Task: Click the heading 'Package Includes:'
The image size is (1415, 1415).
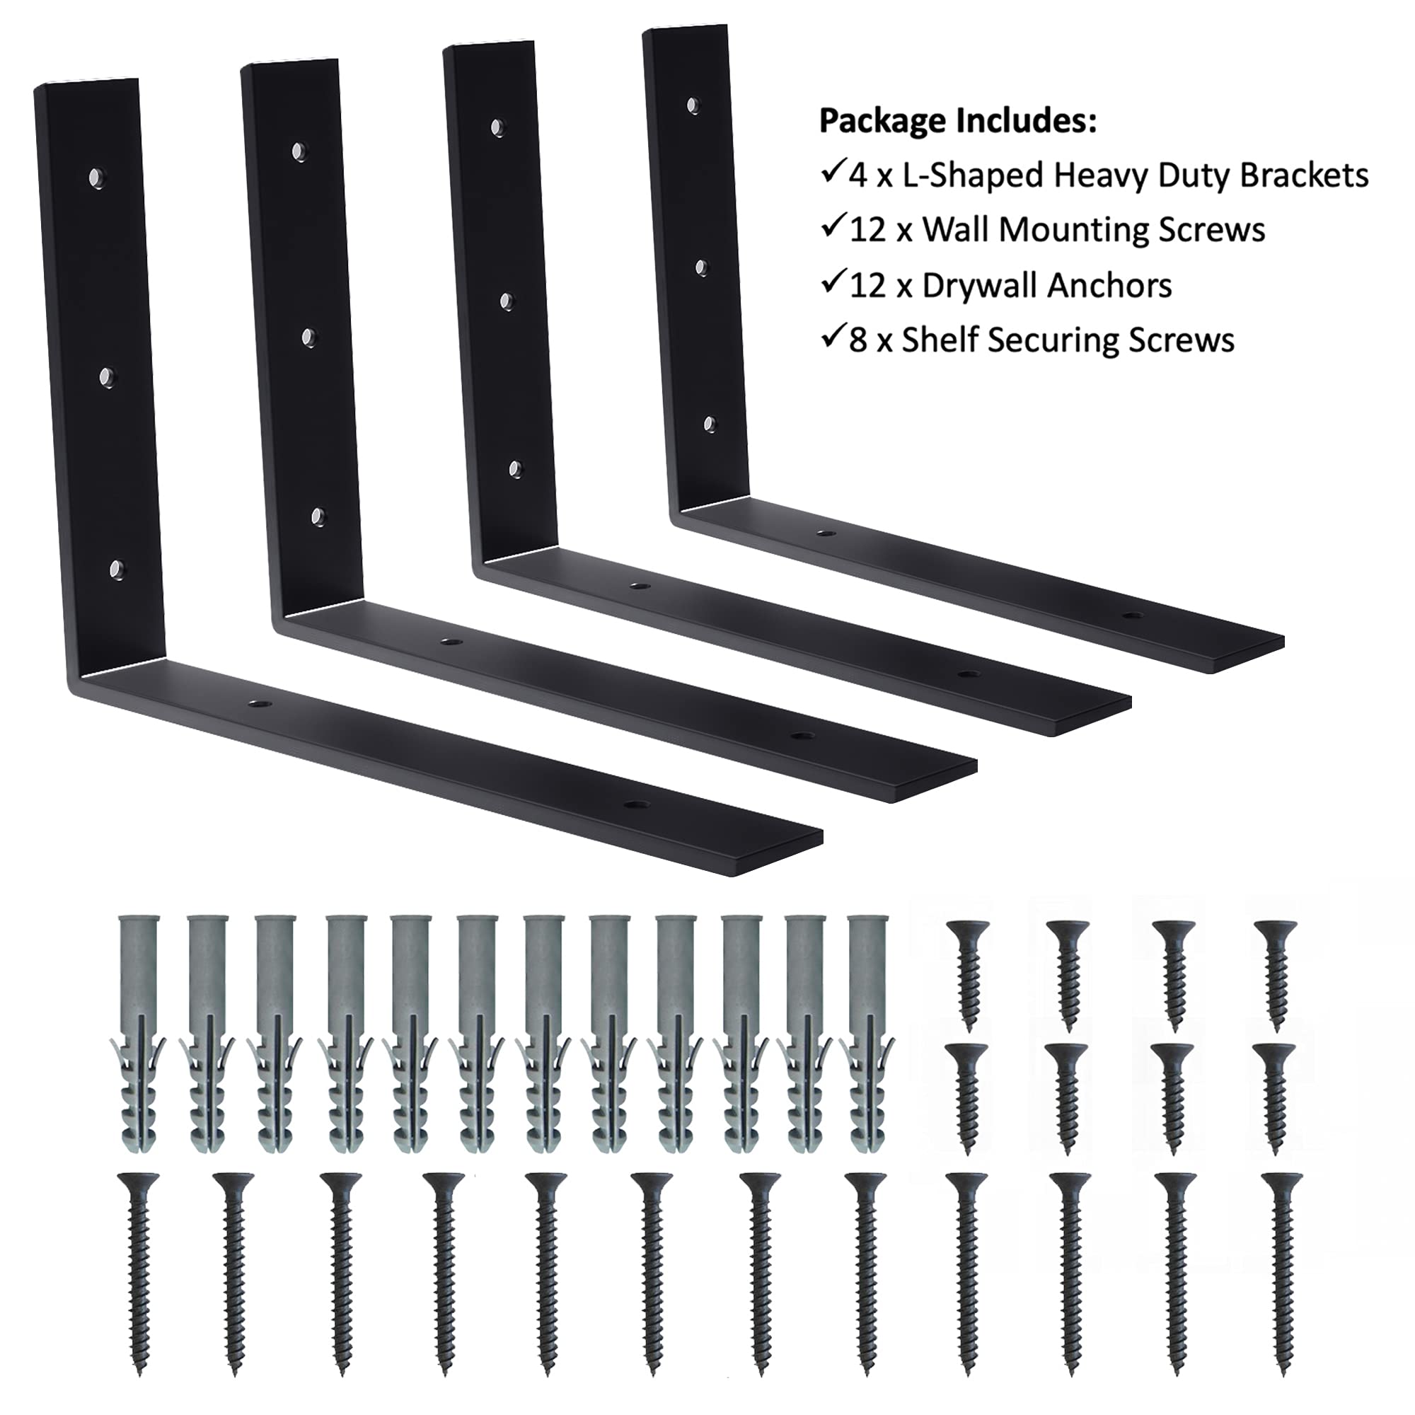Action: (957, 122)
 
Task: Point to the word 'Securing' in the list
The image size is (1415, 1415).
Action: (1046, 340)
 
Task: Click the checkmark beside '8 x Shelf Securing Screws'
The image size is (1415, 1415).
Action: (832, 338)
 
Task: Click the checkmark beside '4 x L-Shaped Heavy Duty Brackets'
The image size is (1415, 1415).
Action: (832, 173)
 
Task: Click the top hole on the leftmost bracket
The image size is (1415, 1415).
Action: (96, 178)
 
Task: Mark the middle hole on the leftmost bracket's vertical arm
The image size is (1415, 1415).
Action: (107, 376)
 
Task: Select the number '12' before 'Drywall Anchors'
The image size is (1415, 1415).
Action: (870, 287)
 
